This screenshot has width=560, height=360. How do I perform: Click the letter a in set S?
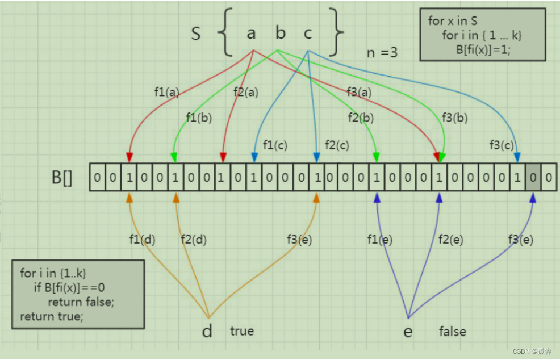(x=251, y=34)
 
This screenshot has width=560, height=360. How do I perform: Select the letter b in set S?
(x=280, y=33)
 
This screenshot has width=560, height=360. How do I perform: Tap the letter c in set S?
(x=307, y=34)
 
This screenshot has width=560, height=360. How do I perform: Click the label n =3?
(x=382, y=53)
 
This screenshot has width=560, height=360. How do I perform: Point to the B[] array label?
(x=62, y=178)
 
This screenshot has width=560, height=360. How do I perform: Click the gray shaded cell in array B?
(x=533, y=177)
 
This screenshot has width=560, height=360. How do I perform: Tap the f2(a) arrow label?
(x=245, y=91)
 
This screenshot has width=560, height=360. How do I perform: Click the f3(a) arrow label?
(x=359, y=91)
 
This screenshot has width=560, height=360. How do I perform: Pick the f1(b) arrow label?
(x=198, y=118)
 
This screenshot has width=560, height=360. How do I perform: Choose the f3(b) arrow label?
(x=454, y=118)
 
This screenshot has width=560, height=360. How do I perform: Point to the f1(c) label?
(x=275, y=145)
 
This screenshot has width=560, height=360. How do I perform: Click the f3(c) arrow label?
(x=502, y=145)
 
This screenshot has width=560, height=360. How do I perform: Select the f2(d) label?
(x=193, y=240)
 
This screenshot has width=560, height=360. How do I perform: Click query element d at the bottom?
(x=207, y=330)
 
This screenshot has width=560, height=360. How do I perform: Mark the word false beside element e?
(x=452, y=331)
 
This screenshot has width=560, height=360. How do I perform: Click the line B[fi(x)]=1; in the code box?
(x=483, y=49)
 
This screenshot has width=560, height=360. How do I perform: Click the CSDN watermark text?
(x=532, y=351)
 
